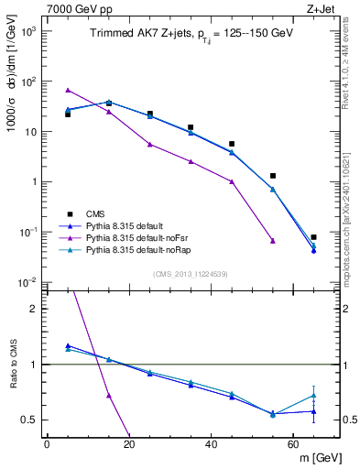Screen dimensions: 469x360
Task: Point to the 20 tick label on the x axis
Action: (128, 444)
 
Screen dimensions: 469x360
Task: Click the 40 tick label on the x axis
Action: (211, 444)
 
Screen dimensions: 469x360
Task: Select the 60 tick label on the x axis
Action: (293, 444)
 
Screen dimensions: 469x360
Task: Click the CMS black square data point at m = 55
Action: (273, 175)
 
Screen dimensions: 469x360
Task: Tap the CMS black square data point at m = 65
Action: (313, 237)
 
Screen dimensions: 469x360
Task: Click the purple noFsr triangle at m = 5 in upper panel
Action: (68, 90)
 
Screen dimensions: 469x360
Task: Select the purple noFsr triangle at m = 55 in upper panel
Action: (273, 241)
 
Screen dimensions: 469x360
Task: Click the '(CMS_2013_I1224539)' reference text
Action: (191, 274)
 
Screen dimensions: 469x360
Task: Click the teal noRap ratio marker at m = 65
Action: (313, 396)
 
